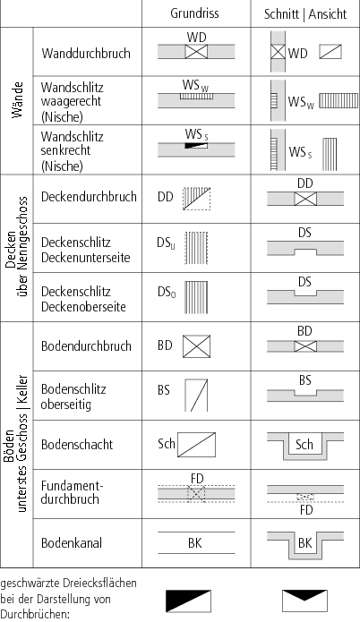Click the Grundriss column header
coord(194,13)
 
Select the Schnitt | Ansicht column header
coord(305,14)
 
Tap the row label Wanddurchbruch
coord(86,53)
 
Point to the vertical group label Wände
coord(17,100)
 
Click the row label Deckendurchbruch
coord(89,197)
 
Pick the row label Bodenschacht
coord(77,444)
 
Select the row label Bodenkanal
coord(72,542)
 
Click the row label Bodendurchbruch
coord(86,346)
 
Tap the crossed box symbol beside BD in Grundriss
coord(196,346)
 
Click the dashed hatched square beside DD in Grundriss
coord(196,199)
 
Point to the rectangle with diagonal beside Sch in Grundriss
coord(196,445)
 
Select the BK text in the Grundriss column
coord(195,542)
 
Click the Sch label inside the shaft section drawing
coord(304,445)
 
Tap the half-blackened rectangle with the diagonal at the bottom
coord(188,601)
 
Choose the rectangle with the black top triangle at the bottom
coord(304,601)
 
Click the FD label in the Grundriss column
coord(197,479)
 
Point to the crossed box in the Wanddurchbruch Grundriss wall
coord(196,52)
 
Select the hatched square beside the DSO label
coord(196,297)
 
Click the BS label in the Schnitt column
coord(304,380)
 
